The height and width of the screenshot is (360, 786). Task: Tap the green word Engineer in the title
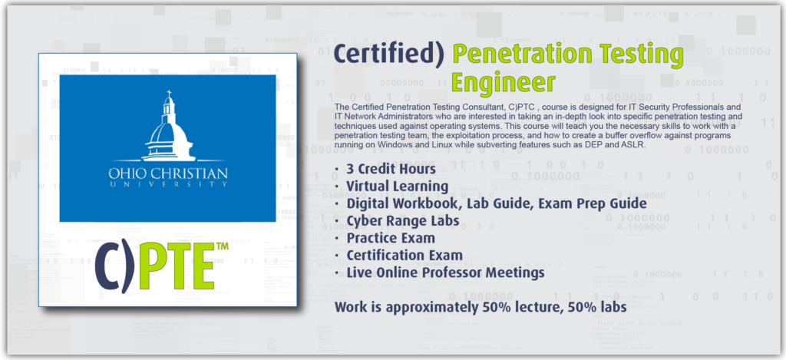coord(503,83)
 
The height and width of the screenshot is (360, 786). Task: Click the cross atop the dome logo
coord(169,94)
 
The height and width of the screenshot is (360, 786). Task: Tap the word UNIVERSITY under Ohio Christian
coord(168,184)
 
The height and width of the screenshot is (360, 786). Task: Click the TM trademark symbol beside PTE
coord(222,246)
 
